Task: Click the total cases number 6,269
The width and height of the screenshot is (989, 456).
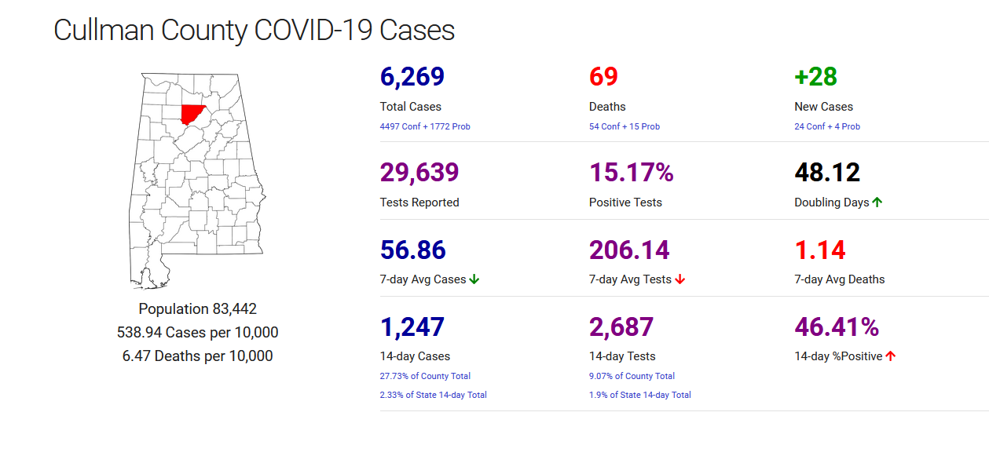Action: pos(412,77)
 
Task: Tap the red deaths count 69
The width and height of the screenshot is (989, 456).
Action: pos(603,77)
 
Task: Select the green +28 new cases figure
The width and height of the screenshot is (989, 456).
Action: pos(815,77)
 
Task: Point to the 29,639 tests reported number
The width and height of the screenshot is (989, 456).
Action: pos(419,173)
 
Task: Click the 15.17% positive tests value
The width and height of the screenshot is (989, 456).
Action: pos(632,173)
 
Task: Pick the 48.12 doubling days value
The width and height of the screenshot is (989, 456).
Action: pos(827,173)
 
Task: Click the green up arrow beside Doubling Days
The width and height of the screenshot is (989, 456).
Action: pos(877,202)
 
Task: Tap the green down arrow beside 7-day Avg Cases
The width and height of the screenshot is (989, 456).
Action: pos(474,279)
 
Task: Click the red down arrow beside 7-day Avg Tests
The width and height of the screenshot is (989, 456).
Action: pos(680,279)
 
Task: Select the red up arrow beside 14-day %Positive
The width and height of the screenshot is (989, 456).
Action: pos(891,356)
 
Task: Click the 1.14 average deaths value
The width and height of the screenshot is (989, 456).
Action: pos(820,250)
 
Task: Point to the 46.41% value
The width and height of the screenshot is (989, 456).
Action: pos(837,326)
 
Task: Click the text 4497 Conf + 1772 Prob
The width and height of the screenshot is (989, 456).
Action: pos(425,126)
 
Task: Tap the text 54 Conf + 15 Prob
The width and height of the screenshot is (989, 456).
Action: pos(625,126)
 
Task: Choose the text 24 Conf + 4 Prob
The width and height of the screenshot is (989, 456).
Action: pos(827,126)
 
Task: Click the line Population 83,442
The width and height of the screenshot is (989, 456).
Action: pos(197,309)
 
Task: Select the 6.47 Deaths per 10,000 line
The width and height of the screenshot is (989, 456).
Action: pos(197,356)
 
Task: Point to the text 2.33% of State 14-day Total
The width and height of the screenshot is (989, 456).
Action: pos(433,395)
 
